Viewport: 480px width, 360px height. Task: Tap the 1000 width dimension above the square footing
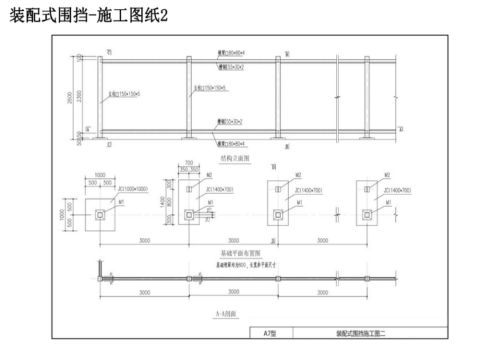pyautogui.click(x=100, y=175)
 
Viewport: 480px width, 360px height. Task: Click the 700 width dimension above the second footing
pyautogui.click(x=188, y=163)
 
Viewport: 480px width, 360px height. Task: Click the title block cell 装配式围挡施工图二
pyautogui.click(x=361, y=333)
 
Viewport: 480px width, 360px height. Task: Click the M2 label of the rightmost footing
pyautogui.click(x=388, y=175)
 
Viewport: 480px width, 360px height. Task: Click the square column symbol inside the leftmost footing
pyautogui.click(x=100, y=215)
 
